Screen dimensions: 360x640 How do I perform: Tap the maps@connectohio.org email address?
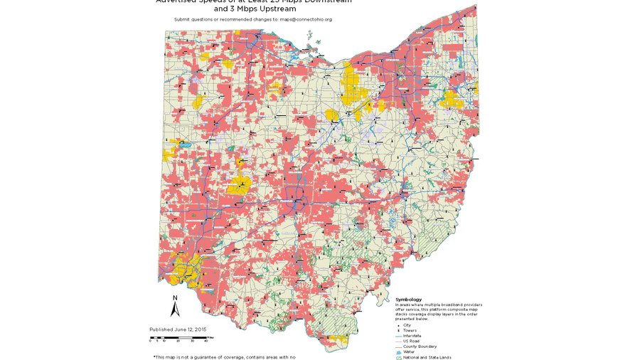305,19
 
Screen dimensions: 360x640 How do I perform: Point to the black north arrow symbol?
175,309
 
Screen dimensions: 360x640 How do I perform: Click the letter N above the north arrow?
175,297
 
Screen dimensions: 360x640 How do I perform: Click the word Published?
164,329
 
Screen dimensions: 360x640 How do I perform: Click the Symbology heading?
409,300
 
